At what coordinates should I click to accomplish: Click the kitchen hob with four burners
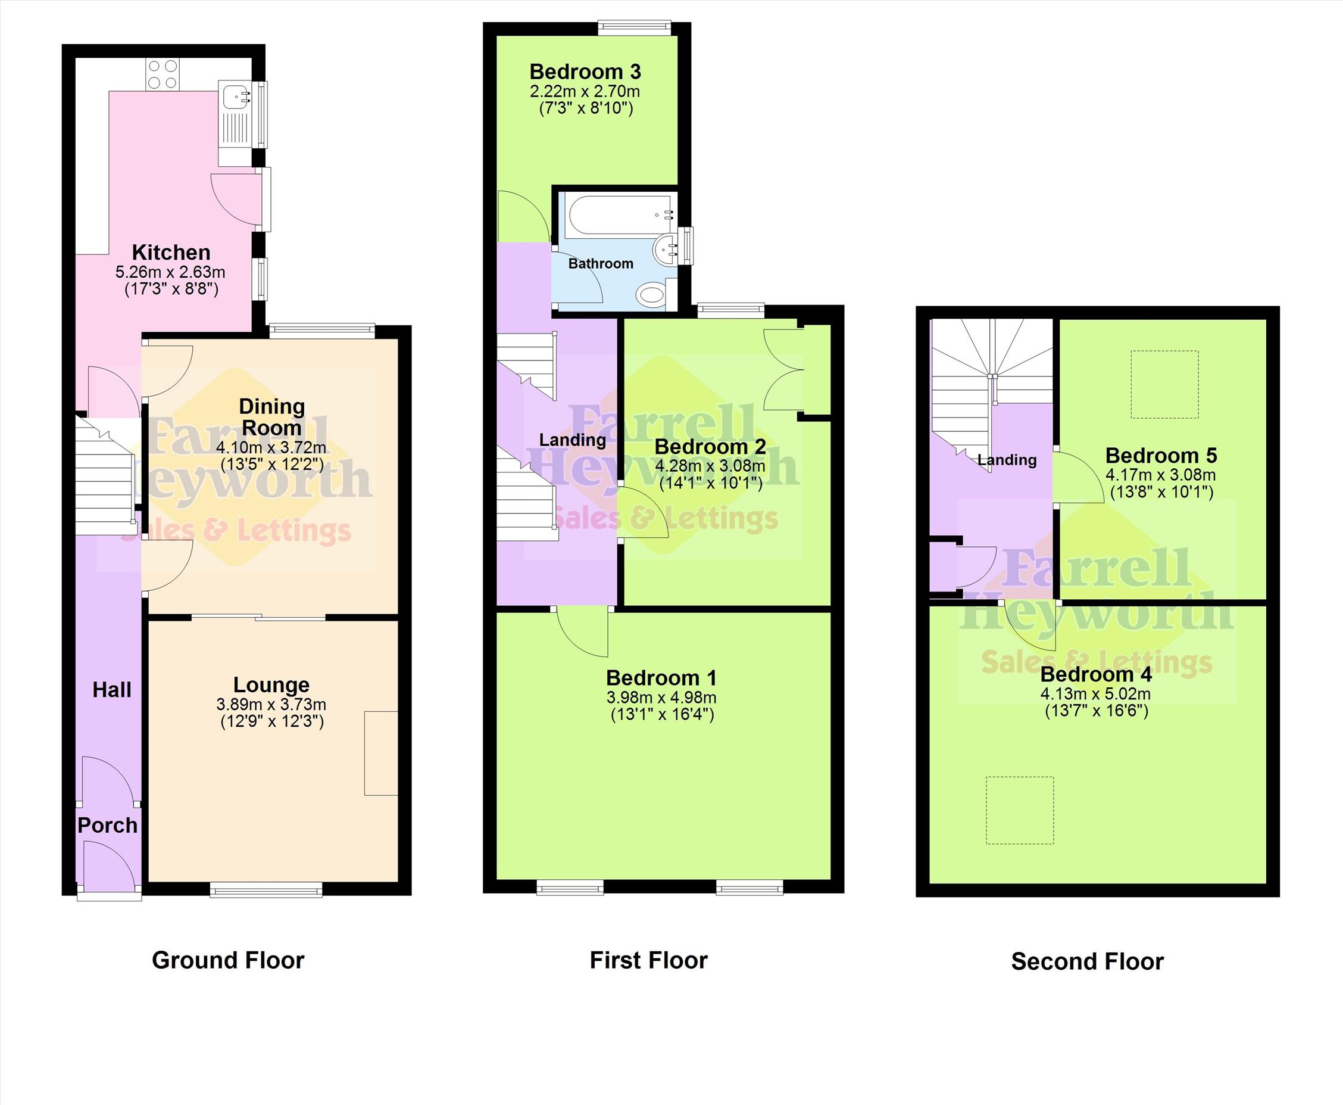pos(163,74)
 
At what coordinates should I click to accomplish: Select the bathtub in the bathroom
pos(620,216)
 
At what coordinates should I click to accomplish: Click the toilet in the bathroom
pos(652,295)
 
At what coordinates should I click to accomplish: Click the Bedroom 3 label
pos(585,72)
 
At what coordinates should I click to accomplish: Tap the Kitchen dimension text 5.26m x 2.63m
pos(170,272)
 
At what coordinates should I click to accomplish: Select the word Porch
pos(108,825)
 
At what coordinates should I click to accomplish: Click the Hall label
pos(112,689)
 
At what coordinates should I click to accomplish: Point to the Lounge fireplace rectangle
pos(381,753)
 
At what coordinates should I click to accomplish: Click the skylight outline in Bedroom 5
pos(1164,384)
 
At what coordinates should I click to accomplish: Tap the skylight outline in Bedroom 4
pos(1020,810)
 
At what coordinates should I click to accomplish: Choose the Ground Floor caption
pos(229,960)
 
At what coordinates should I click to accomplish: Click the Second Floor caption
pos(1087,961)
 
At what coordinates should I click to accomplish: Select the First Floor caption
pos(648,960)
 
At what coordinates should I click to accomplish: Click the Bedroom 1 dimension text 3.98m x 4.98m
pos(661,698)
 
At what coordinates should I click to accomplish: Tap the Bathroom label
pos(601,263)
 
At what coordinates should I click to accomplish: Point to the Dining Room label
pos(271,417)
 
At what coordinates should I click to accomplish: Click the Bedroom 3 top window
pos(634,27)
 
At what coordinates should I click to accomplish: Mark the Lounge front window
pos(267,889)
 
